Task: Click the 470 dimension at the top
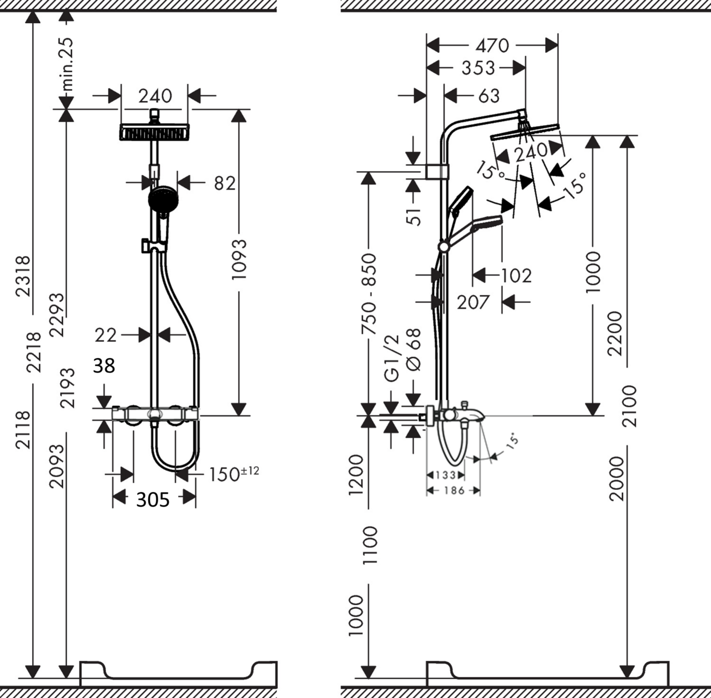(x=492, y=45)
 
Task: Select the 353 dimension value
(x=478, y=68)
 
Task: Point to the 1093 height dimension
(x=239, y=260)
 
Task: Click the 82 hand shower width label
(x=225, y=183)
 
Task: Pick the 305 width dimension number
(x=153, y=500)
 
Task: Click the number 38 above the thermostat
(x=104, y=366)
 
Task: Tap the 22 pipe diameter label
(x=106, y=335)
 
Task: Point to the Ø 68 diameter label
(x=414, y=350)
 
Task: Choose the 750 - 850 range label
(x=369, y=294)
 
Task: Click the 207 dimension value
(x=473, y=302)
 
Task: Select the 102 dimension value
(x=516, y=275)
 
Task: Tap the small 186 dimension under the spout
(x=454, y=490)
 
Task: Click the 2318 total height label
(x=23, y=276)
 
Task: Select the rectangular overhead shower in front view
(x=155, y=132)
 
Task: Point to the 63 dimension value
(x=489, y=96)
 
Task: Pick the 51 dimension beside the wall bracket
(x=414, y=214)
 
